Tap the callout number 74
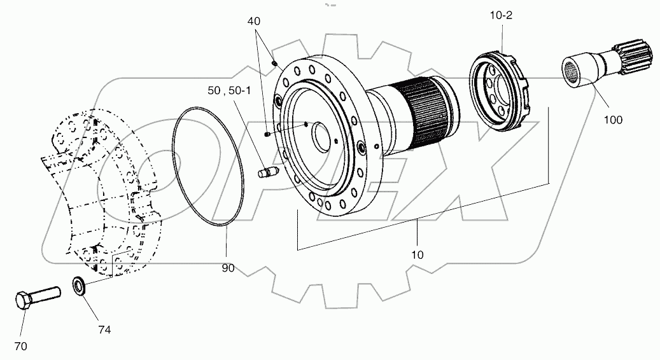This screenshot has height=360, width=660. point(104,329)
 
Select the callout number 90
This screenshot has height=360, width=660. point(228,268)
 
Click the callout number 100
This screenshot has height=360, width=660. point(614,119)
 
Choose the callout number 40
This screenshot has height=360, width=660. point(254,20)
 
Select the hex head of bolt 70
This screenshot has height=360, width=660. point(23,301)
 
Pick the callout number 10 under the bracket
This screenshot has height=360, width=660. point(418,254)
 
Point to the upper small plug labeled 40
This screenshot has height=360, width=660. point(274,63)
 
